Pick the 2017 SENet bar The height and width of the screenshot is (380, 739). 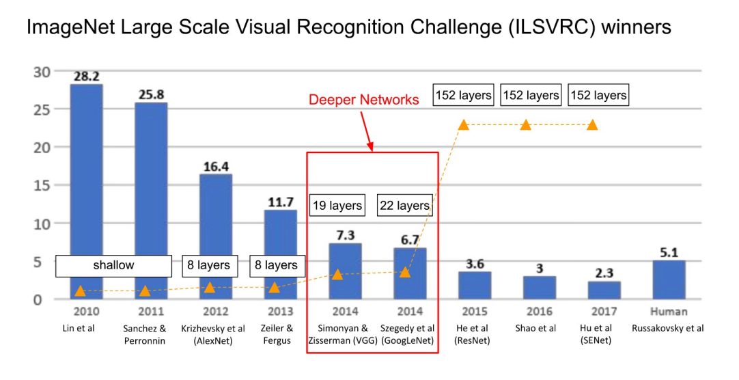coord(604,290)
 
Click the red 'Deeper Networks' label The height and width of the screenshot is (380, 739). coord(363,100)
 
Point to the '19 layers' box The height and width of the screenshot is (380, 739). coord(337,205)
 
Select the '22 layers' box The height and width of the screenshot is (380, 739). coord(404,205)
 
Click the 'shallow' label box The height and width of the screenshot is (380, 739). coord(113,265)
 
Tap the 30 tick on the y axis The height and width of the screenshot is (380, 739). coord(42,71)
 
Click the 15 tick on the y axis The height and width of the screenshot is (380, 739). coord(42,185)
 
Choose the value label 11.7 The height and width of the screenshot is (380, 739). coord(280,202)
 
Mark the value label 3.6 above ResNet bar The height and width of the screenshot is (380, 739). coord(475,264)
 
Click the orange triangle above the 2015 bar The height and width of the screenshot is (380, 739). coord(464,124)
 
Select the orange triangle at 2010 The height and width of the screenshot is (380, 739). coord(80,291)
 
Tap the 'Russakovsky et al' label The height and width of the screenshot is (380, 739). coord(669,328)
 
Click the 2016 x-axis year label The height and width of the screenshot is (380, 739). coord(539,312)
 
